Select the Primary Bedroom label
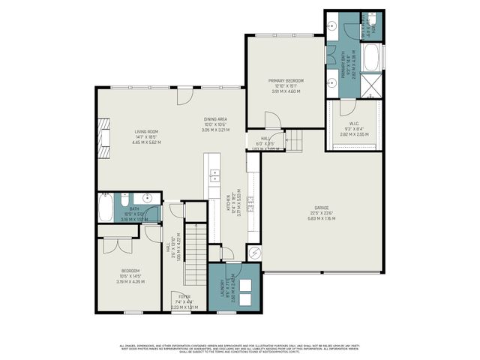point(285,85)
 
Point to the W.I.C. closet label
point(354,127)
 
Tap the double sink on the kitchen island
point(214,177)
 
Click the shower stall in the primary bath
point(373,87)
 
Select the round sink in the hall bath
point(148,199)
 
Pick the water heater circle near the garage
point(253,253)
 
